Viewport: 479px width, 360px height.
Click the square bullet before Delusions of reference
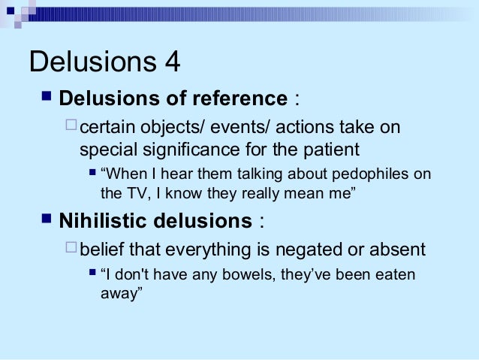[x=46, y=97]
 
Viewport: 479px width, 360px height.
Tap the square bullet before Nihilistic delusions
[x=46, y=220]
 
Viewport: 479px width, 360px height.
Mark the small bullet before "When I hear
[x=92, y=174]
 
